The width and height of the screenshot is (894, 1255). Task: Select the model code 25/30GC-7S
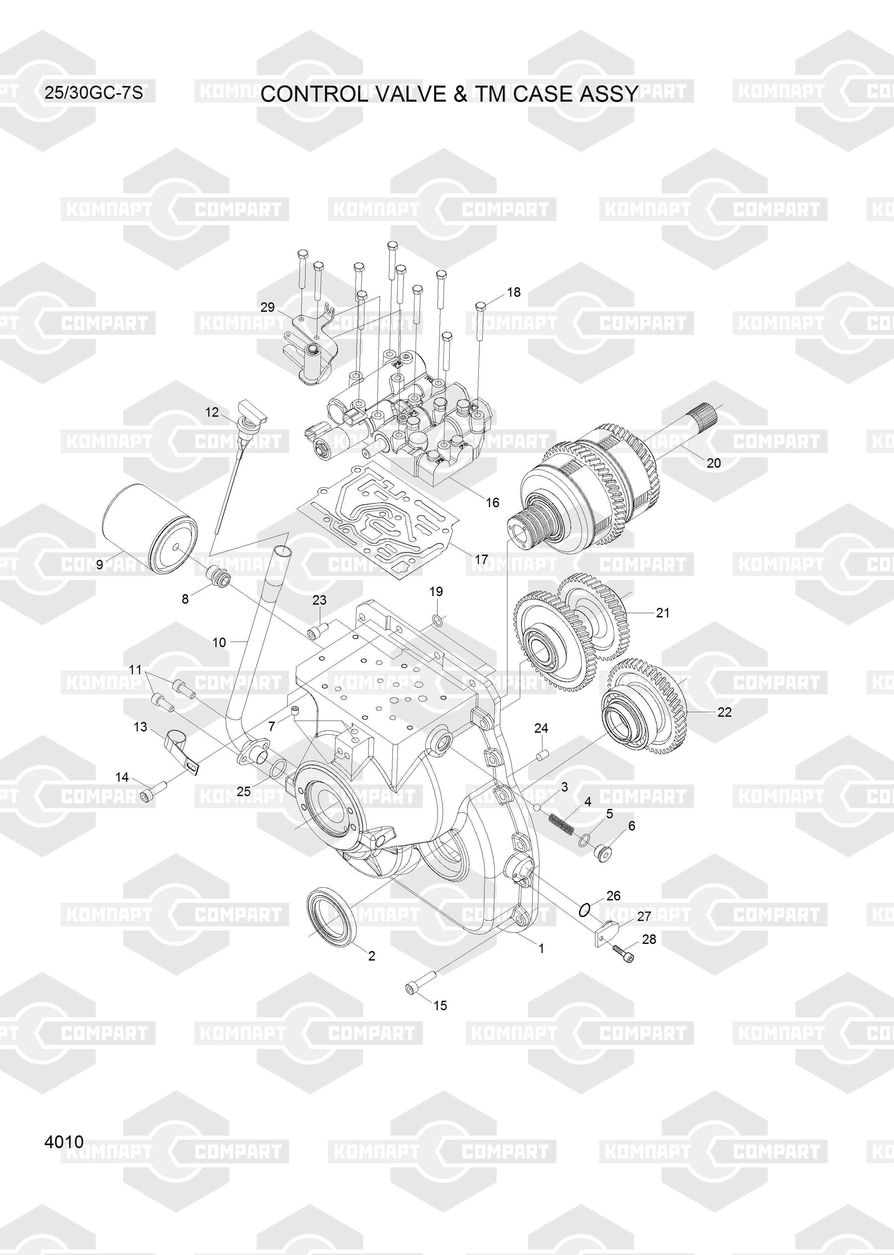pos(93,92)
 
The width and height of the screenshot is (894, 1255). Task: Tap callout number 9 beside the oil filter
pos(100,565)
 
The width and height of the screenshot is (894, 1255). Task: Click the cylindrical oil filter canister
pos(150,528)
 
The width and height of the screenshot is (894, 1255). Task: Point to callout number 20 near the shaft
pos(713,463)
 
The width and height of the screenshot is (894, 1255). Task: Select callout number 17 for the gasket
pos(481,559)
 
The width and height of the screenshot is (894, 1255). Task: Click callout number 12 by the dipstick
pos(212,412)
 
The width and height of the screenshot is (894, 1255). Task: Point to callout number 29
pos(268,307)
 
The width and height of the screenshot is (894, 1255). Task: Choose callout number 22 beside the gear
pos(724,712)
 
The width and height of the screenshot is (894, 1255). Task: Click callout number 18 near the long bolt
pos(514,292)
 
